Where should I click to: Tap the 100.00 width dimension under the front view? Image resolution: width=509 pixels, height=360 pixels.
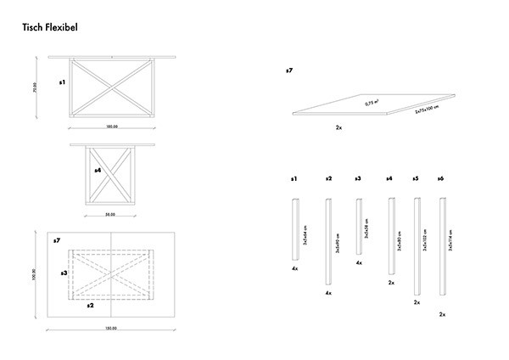point(111,127)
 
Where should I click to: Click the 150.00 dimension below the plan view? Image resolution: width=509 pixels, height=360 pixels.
point(111,328)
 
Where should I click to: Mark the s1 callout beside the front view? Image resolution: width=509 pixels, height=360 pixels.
point(62,83)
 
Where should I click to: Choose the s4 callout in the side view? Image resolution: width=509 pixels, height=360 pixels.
point(98,171)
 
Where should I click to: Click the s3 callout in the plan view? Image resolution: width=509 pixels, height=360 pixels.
point(64,273)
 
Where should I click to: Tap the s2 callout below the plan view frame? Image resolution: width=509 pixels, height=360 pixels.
point(92,305)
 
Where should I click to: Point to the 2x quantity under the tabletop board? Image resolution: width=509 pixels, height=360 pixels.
point(338,127)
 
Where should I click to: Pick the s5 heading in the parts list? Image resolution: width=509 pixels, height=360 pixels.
point(415,179)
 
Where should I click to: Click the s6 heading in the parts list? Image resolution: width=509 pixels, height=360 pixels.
point(441,179)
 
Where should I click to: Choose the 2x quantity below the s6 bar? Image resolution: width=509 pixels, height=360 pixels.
point(442,314)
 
